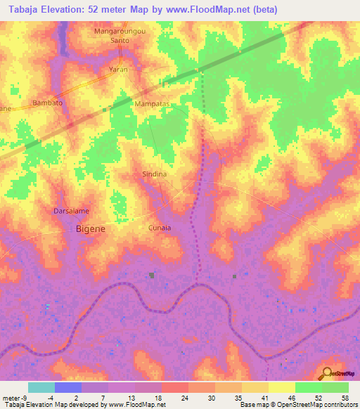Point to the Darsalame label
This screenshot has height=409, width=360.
[72, 210]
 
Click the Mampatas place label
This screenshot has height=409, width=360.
[153, 103]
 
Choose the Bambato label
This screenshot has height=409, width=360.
[48, 103]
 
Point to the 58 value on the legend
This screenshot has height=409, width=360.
[344, 397]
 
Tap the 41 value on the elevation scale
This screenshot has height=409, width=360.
[264, 397]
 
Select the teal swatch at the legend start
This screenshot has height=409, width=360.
[41, 387]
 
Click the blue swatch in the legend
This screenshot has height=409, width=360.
[67, 387]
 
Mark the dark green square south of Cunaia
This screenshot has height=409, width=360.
[152, 275]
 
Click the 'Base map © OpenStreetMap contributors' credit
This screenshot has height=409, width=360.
[298, 405]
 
